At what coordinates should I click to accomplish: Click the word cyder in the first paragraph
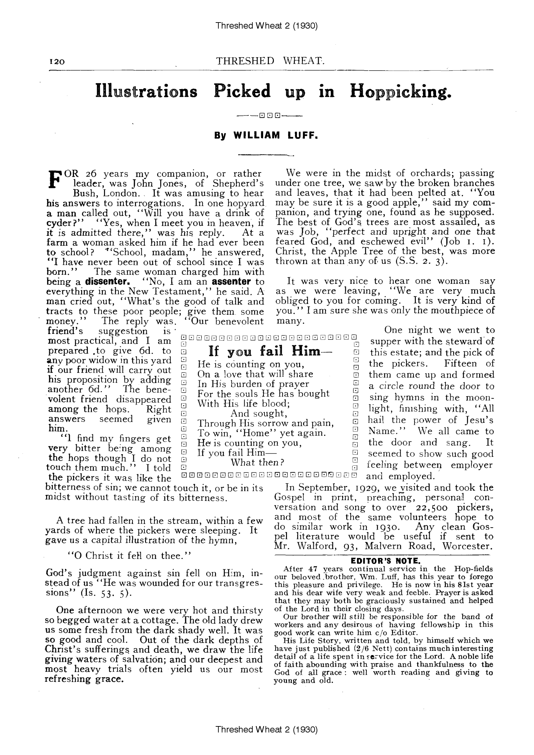tap(58, 223)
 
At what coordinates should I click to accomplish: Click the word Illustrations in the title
tap(146, 91)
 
